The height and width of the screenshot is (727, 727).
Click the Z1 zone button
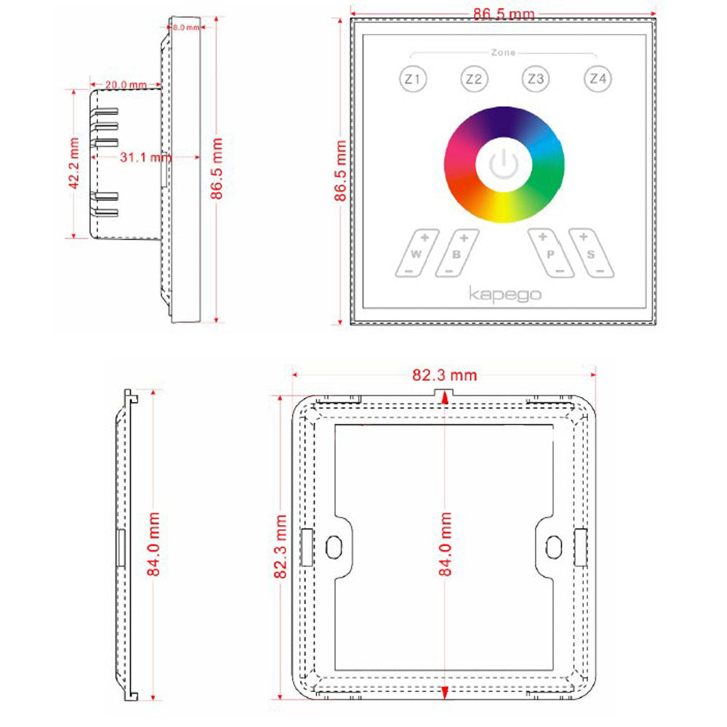(x=413, y=79)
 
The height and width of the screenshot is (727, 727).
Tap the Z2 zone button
(x=474, y=79)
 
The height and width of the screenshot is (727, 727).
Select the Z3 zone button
(x=536, y=79)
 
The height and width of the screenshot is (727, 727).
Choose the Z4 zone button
(x=598, y=79)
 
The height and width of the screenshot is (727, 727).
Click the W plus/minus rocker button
(x=417, y=253)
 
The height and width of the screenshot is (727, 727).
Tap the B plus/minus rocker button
(x=457, y=253)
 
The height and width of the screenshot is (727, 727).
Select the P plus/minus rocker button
(x=550, y=253)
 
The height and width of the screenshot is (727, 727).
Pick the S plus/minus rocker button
(x=591, y=253)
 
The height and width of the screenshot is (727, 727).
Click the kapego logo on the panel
(x=504, y=294)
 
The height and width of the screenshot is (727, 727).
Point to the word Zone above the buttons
(x=503, y=53)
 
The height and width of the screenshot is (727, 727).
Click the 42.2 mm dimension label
(x=74, y=164)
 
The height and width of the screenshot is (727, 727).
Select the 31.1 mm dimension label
(x=145, y=156)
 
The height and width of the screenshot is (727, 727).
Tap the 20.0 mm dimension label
(x=125, y=84)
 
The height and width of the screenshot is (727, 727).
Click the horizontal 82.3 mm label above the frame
(x=445, y=375)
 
